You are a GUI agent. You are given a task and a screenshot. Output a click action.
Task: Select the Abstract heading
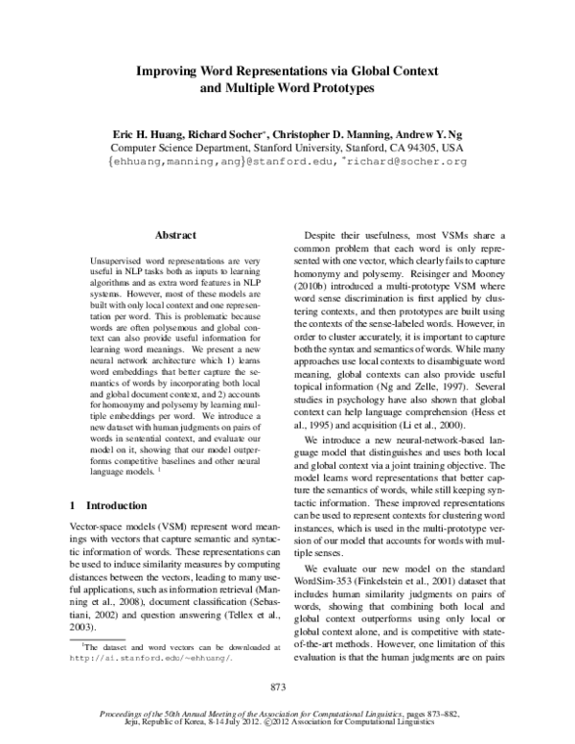pos(175,235)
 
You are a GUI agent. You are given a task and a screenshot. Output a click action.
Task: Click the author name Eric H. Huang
pos(155,135)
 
